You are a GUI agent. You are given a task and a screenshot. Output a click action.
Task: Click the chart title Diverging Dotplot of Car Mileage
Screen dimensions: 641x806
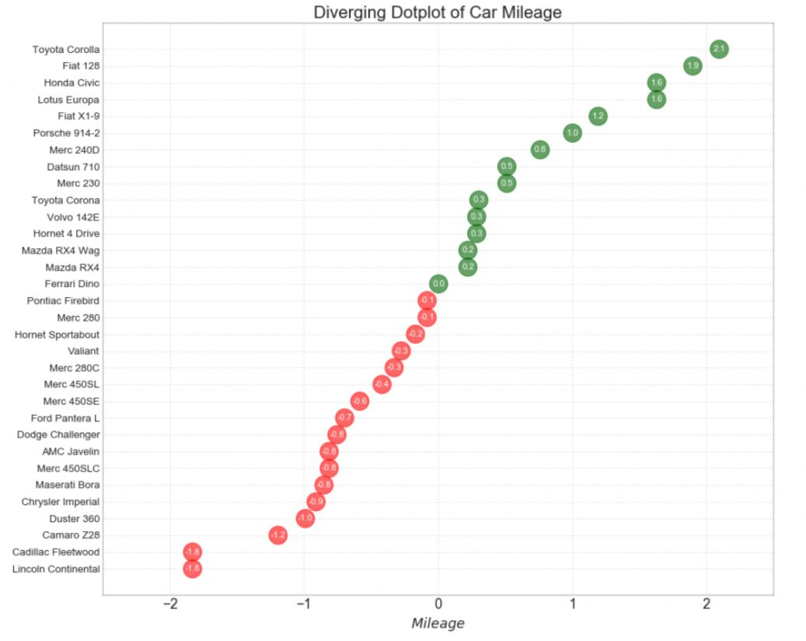[x=438, y=12]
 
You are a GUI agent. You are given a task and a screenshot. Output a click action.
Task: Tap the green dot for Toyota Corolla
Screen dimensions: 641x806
[x=719, y=49]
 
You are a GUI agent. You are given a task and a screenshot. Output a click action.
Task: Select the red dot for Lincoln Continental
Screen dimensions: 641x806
[x=192, y=569]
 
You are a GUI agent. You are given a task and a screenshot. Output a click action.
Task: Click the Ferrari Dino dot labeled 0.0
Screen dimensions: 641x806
[x=438, y=284]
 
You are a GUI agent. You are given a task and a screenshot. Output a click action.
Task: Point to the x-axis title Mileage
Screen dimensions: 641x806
[x=438, y=623]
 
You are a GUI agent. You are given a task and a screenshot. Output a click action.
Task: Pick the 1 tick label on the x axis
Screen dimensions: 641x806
[x=573, y=604]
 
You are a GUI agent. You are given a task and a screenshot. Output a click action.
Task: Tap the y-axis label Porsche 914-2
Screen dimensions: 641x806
[x=66, y=133]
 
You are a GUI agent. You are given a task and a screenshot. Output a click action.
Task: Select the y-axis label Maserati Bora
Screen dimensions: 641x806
[x=68, y=485]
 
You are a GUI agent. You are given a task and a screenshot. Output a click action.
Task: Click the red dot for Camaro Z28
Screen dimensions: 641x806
[x=277, y=535]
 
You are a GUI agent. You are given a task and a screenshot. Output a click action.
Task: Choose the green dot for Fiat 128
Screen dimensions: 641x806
[x=693, y=66]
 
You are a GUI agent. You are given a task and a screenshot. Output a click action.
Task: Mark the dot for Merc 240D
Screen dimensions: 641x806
[x=540, y=149]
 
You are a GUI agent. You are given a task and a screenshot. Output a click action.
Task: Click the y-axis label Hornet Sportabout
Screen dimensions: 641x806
[x=58, y=335]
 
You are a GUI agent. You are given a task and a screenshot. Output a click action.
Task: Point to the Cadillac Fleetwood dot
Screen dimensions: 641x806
[x=192, y=552]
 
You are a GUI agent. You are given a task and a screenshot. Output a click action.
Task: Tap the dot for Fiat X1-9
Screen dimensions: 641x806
[x=598, y=116]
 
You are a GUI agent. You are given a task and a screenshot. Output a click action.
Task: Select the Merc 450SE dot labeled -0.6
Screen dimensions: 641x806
[x=359, y=401]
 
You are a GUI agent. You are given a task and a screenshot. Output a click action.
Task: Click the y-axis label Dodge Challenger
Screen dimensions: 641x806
[x=58, y=435]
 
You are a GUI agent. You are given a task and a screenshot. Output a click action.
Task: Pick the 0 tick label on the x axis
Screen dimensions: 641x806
[x=438, y=604]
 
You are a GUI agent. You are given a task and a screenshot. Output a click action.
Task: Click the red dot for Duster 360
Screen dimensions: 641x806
[x=305, y=518]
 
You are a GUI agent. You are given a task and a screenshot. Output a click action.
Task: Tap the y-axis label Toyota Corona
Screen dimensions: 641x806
[x=65, y=200]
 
